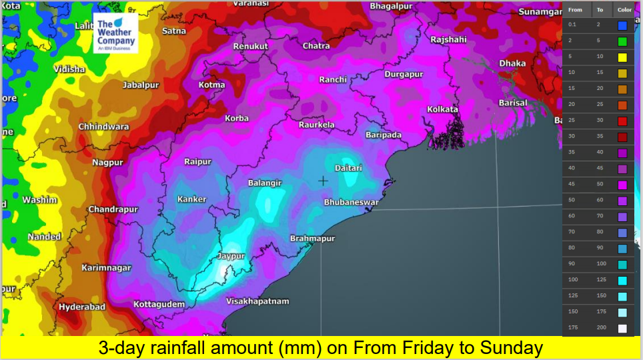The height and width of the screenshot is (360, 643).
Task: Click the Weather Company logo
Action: click(116, 33)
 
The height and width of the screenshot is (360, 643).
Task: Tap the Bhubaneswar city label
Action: click(352, 202)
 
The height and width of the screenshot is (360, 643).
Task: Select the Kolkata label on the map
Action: click(442, 109)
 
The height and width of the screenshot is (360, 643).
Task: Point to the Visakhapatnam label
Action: click(257, 301)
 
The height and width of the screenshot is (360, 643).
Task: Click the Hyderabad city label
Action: click(82, 307)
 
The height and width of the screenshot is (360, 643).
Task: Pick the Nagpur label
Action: click(107, 163)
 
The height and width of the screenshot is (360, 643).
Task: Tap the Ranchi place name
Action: click(333, 79)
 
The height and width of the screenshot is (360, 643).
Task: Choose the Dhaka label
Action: click(512, 63)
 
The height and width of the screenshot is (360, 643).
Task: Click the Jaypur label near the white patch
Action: click(231, 256)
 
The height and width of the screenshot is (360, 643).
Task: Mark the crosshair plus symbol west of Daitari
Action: click(324, 181)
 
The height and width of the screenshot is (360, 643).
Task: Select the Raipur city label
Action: click(197, 162)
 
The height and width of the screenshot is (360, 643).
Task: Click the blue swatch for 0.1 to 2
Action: click(622, 25)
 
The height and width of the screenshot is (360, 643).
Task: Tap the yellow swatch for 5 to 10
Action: click(622, 57)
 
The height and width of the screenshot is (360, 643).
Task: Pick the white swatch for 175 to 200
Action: click(622, 328)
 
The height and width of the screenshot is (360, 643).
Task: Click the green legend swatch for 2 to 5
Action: click(622, 41)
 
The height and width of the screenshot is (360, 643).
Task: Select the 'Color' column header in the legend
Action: click(624, 10)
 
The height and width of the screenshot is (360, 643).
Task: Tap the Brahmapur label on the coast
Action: click(312, 239)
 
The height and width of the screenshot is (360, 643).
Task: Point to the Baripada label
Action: click(384, 135)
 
